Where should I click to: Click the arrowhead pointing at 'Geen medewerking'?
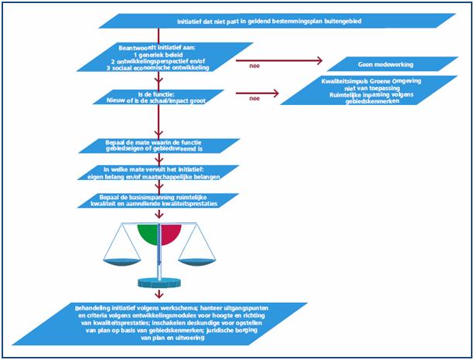tap(321, 61)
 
